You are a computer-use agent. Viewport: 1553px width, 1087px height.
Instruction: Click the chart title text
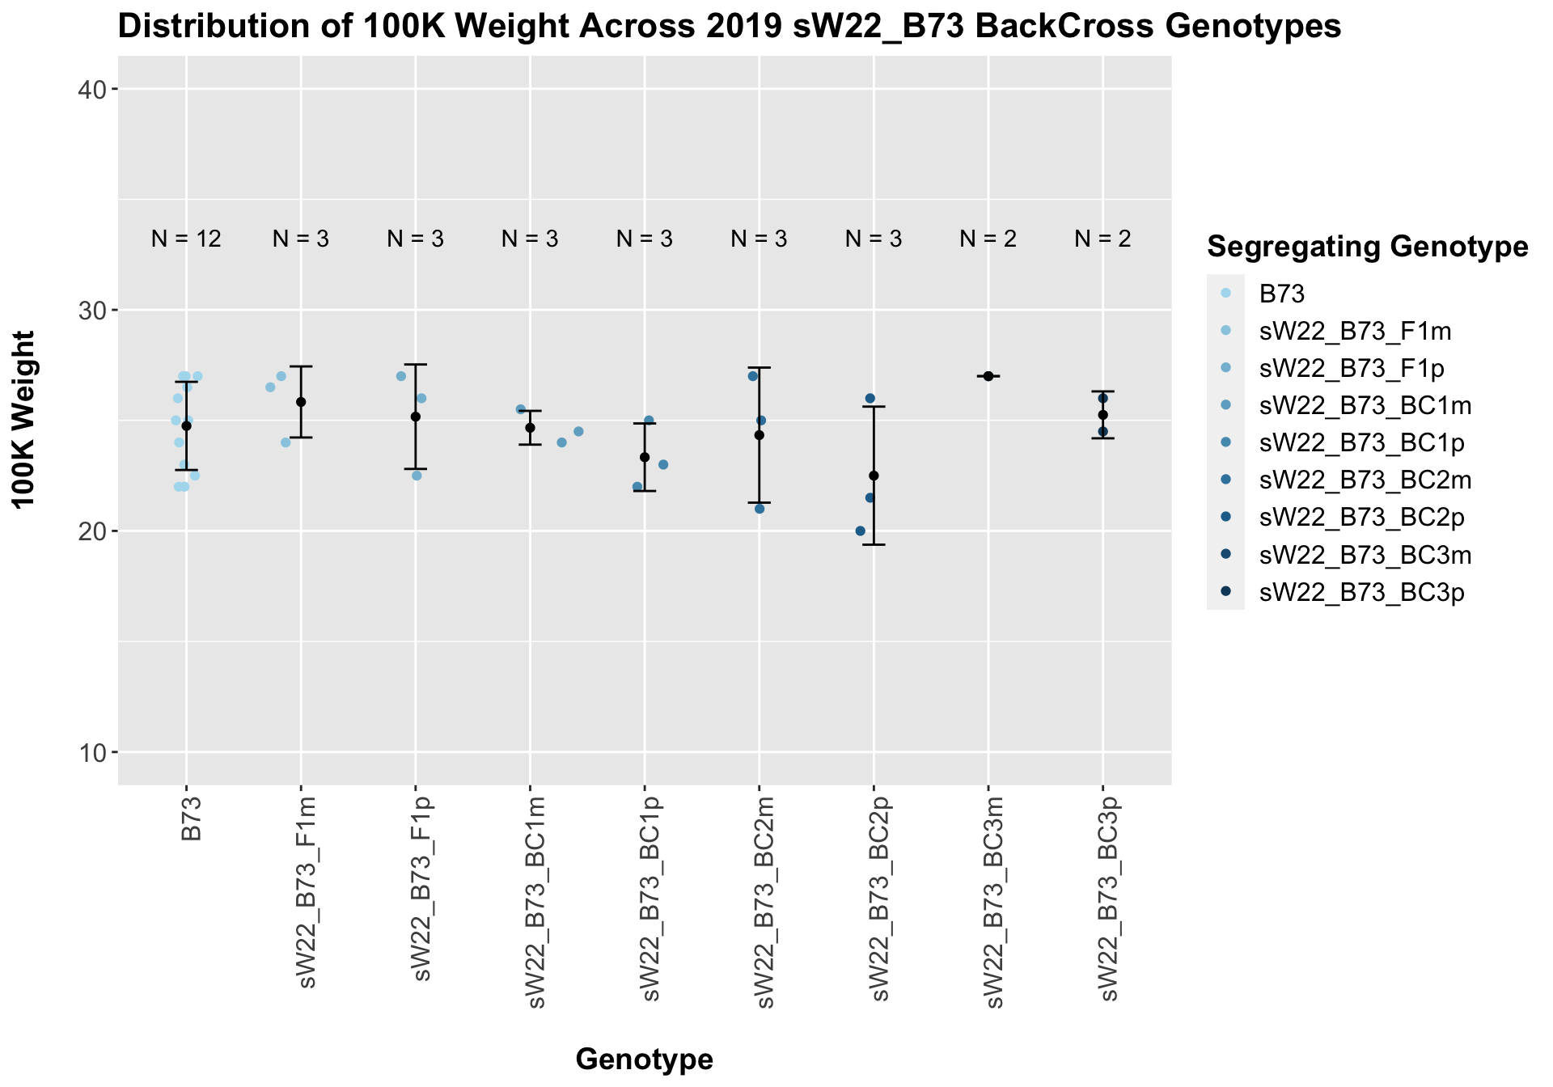tap(729, 27)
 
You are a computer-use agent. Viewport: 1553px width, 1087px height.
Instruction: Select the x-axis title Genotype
tap(644, 1059)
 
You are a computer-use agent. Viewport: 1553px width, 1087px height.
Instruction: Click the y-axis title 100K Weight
tap(26, 420)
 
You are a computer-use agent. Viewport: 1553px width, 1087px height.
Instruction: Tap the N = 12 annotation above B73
tap(186, 239)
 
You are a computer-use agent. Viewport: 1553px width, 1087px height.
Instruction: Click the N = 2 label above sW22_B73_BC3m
tap(988, 239)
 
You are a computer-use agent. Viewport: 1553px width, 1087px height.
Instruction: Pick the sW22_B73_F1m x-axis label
tap(306, 893)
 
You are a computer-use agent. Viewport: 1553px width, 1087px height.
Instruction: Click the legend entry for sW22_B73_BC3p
tap(1361, 593)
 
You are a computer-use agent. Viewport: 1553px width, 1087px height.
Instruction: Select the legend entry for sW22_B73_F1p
tap(1351, 369)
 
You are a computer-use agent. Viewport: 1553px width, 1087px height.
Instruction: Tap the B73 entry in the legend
tap(1282, 294)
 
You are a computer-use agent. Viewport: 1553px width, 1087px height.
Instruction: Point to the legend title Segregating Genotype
tap(1367, 247)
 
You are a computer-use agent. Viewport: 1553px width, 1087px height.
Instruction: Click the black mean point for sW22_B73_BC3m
tap(988, 376)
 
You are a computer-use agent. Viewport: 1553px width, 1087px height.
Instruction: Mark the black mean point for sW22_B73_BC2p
tap(874, 476)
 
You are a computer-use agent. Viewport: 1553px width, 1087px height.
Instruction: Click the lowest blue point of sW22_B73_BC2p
tap(860, 531)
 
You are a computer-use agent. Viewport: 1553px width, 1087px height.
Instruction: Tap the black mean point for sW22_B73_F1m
tap(301, 402)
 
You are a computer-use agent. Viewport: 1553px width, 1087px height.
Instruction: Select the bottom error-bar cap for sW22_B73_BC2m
tap(759, 503)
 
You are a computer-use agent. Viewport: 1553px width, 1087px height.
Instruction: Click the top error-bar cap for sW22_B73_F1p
tap(416, 365)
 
